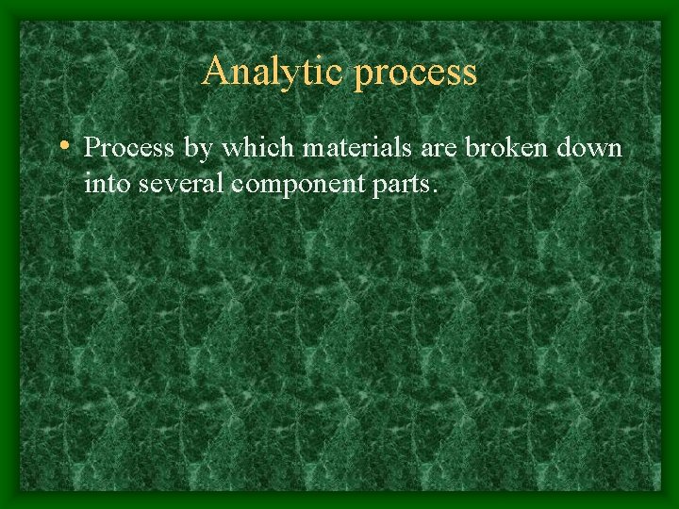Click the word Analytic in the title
coord(273,72)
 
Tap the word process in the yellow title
coord(416,74)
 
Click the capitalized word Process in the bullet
coord(122,149)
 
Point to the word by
coord(183,150)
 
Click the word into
coord(107,184)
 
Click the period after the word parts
coord(434,190)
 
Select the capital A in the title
coord(215,72)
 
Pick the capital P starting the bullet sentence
coord(91,149)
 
